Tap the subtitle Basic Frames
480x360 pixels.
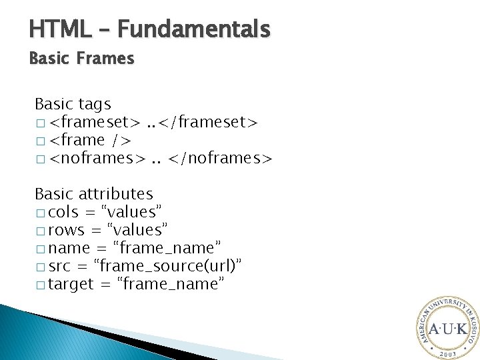coord(81,59)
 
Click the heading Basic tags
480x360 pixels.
coord(73,104)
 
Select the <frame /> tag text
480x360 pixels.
coord(91,141)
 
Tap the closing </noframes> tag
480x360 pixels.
coord(220,159)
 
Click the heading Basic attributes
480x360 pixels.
coord(93,194)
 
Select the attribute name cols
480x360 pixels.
coord(63,212)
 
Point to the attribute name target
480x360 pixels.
coord(71,284)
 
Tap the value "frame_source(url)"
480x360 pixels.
coord(169,266)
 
